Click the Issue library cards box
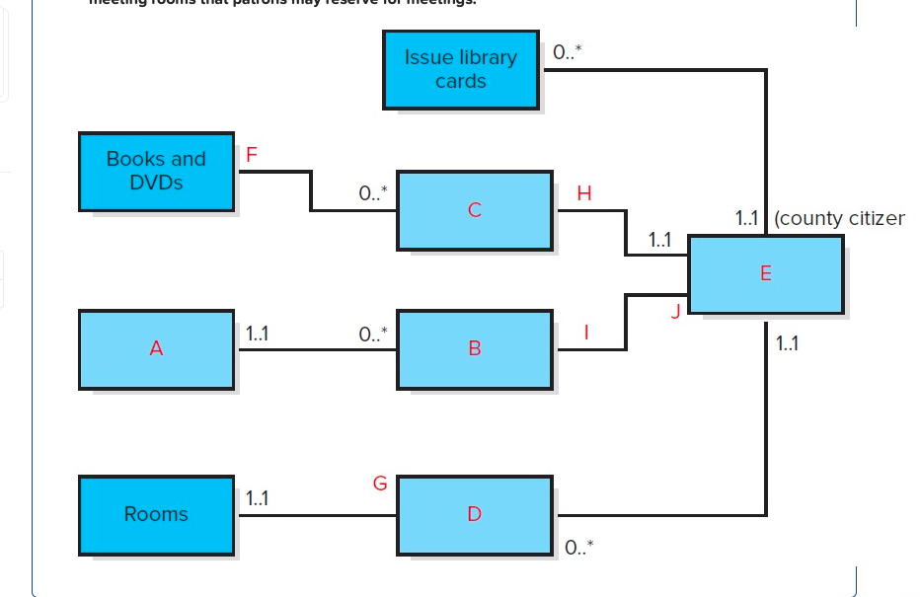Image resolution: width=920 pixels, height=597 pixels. point(460,69)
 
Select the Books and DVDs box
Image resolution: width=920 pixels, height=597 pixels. point(156,171)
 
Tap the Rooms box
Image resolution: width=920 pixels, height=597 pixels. point(156,514)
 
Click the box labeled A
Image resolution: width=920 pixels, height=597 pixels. point(156,348)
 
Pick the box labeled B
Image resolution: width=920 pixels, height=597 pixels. point(475,348)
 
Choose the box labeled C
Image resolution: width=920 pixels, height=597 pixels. point(475,209)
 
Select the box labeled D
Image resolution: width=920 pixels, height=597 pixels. point(475,514)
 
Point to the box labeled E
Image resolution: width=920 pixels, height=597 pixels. point(765,274)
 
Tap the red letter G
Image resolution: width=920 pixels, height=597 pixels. point(379,485)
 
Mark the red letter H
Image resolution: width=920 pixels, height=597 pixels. point(583,193)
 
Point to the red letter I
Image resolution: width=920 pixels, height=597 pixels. point(586,334)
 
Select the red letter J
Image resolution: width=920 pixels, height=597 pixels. point(675,312)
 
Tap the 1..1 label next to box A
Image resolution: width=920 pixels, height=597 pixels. point(256,335)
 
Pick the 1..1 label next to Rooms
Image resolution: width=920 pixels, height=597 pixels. point(256,500)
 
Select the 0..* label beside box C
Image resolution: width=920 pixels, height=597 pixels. point(374,194)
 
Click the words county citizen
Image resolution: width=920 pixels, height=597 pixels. point(840,218)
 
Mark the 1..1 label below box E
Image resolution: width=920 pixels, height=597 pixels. point(788,344)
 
